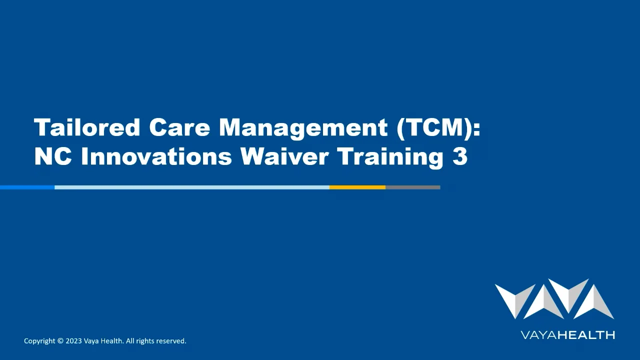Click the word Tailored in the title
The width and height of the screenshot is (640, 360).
[x=87, y=127]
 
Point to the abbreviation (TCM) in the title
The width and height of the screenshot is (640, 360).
[x=438, y=127]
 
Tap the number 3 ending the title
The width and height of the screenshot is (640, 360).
[x=460, y=156]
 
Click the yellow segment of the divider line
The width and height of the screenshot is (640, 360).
[x=357, y=187]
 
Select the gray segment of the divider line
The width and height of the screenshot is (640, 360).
[x=412, y=187]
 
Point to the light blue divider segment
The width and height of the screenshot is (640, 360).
[x=191, y=187]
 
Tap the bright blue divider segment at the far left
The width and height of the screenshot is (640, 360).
[x=27, y=187]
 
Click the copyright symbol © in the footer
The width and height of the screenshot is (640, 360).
[x=60, y=341]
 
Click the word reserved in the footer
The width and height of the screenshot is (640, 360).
[x=170, y=341]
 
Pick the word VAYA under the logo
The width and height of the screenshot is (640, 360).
[x=538, y=335]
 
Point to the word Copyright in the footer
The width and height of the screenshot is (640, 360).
[x=39, y=341]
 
